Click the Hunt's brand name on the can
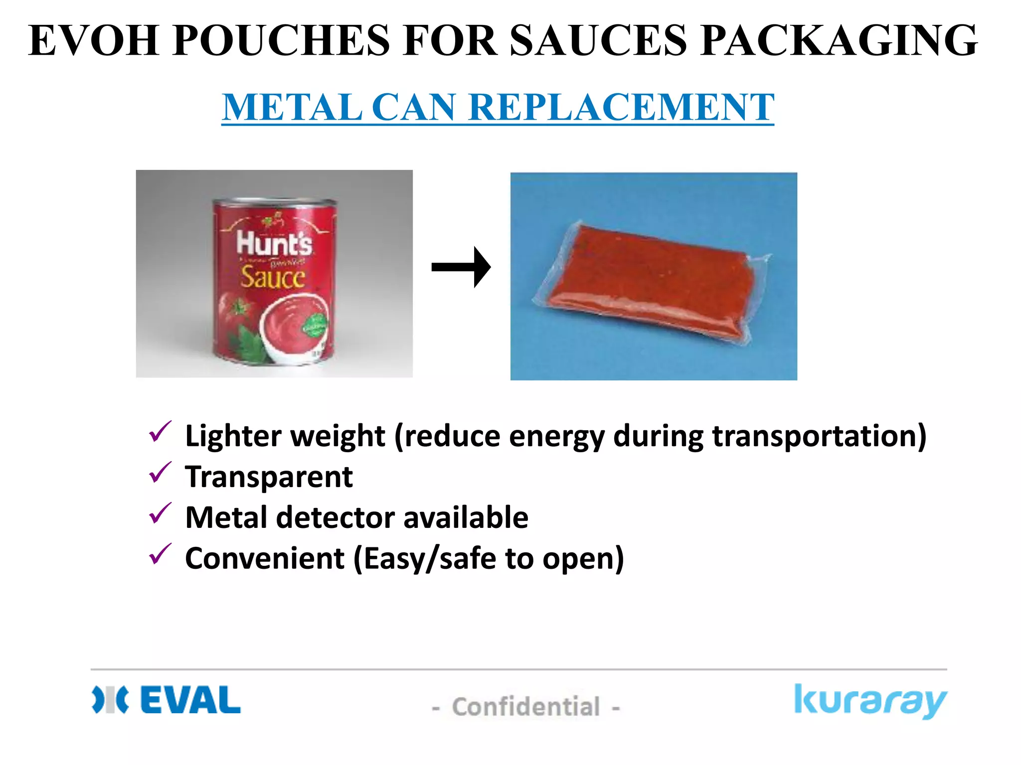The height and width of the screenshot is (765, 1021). pos(274,244)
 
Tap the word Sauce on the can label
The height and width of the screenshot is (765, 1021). pos(272,277)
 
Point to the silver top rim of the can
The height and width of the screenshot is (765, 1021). pos(274,202)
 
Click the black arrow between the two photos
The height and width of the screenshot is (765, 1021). pos(461,267)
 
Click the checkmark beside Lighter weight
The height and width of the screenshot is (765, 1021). pos(160,432)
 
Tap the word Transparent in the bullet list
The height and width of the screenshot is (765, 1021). pos(269,477)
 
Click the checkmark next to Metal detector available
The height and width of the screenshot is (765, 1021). pos(160,513)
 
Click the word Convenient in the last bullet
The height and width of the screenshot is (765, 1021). pos(265,558)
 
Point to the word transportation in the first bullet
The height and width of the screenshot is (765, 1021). pos(819,436)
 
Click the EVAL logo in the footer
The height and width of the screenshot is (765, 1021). pos(167,700)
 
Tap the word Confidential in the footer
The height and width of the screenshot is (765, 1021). pos(526,707)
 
